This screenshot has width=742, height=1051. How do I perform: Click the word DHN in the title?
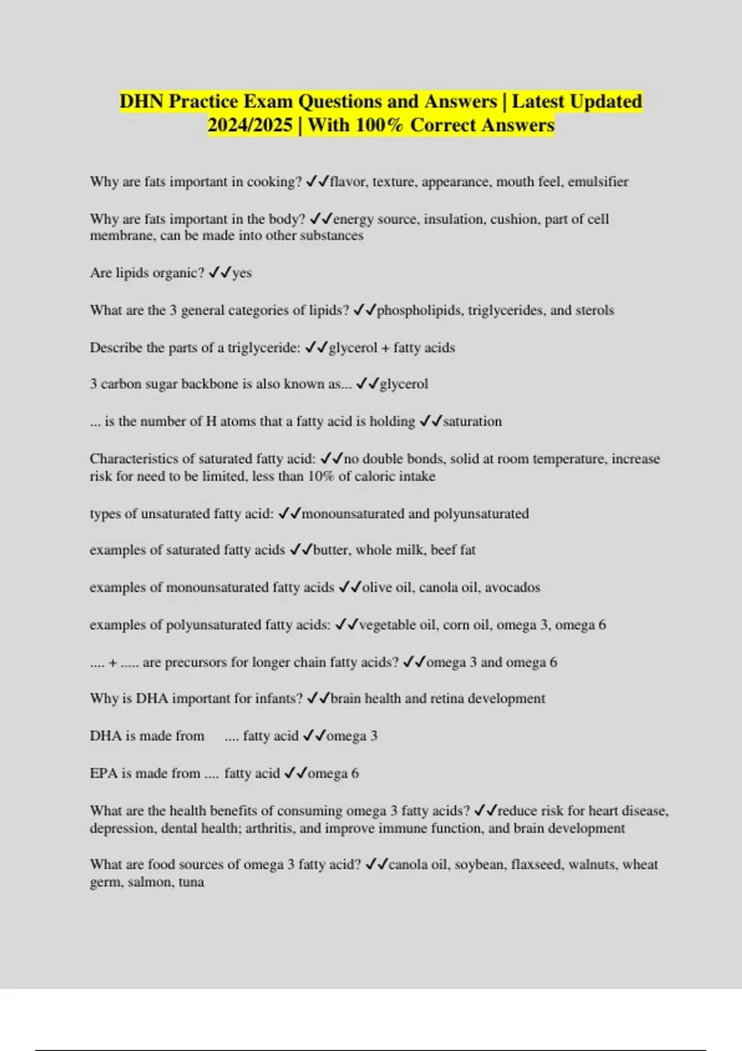(x=142, y=101)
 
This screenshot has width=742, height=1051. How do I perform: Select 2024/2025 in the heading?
(x=250, y=126)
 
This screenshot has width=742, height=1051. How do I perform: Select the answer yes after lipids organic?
(x=242, y=273)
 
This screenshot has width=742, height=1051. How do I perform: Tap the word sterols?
(x=594, y=310)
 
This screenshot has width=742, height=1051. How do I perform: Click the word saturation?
(x=472, y=422)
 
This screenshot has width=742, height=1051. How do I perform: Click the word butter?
(x=331, y=550)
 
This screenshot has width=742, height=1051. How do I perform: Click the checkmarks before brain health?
(x=318, y=699)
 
